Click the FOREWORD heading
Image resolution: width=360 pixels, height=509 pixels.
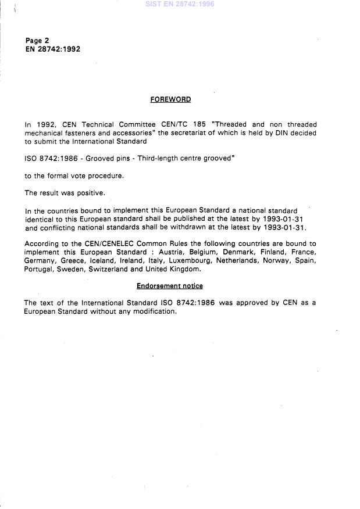[x=170, y=99]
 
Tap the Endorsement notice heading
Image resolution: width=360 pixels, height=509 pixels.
[x=170, y=286]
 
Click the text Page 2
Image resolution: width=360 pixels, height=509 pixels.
[x=37, y=41]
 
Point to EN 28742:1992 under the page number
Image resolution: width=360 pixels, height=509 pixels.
[x=52, y=49]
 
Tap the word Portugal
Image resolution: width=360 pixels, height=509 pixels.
[x=38, y=270]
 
